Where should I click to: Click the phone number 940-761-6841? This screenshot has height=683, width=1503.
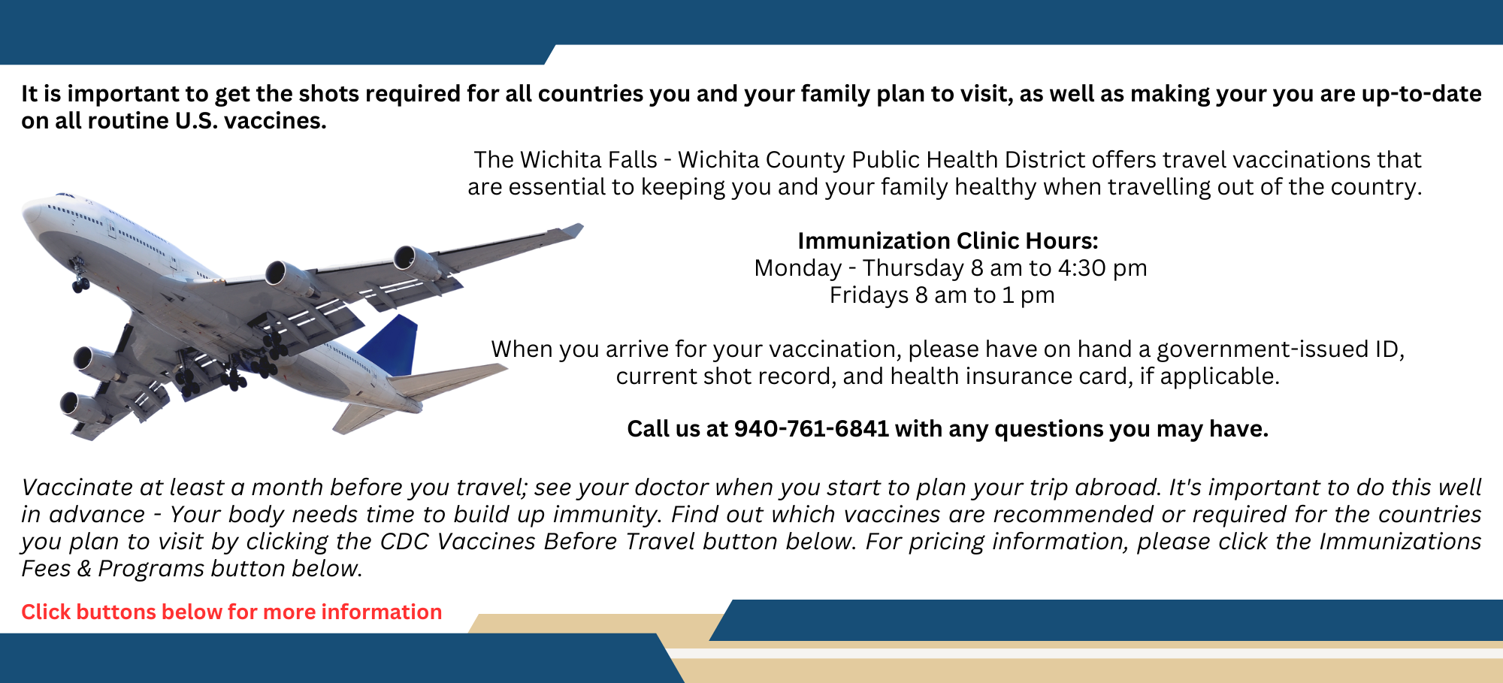point(811,429)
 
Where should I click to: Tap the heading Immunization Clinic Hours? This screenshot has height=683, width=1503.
point(948,241)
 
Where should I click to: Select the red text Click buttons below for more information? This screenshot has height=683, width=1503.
point(231,612)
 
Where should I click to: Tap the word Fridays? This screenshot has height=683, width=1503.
point(869,295)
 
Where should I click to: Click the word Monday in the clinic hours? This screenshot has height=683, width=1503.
point(798,268)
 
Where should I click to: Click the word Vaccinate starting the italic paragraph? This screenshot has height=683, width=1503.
point(77,488)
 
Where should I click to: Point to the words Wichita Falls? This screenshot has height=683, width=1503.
point(588,160)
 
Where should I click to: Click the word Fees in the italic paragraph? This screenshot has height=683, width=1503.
point(44,569)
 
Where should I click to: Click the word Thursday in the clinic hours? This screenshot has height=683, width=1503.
point(913,268)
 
